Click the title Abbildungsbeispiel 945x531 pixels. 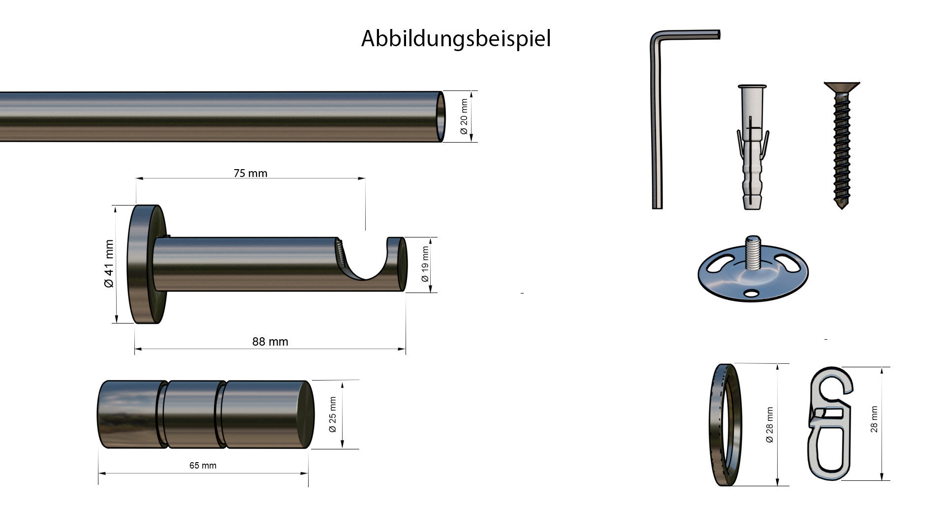point(456,38)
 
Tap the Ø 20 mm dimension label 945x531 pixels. point(464,117)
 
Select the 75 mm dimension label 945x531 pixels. point(251,173)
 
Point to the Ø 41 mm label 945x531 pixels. point(109,264)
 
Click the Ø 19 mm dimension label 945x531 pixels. point(425,264)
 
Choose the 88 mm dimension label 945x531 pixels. point(270,342)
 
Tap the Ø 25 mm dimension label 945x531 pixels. point(333,414)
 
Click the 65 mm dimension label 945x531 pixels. point(203,466)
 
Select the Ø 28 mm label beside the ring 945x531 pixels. point(770,425)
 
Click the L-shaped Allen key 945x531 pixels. point(657,123)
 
